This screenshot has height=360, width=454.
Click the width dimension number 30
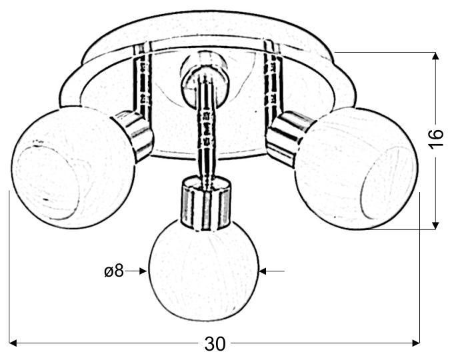[x=215, y=344]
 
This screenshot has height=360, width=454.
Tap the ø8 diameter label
[x=114, y=271]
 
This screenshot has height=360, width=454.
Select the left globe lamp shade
[x=73, y=168]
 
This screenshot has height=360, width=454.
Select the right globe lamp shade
[x=356, y=169]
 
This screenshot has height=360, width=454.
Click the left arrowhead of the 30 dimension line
[x=13, y=343]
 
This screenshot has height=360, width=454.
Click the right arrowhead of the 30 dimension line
[x=416, y=343]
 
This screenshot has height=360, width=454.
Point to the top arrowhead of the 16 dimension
[x=435, y=56]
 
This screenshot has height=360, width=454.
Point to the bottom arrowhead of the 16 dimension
[x=435, y=225]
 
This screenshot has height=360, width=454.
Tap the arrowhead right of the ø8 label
[x=143, y=271]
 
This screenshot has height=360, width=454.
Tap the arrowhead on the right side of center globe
[x=263, y=271]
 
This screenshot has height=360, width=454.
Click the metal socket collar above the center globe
[x=206, y=204]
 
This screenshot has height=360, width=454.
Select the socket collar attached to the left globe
[x=133, y=135]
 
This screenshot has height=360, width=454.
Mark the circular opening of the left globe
[x=46, y=183]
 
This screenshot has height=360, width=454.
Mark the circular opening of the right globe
[x=387, y=184]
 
